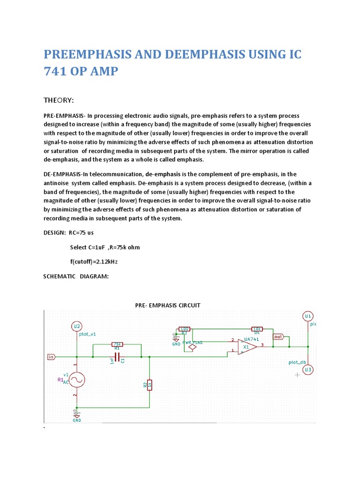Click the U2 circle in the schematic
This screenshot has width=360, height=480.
point(77,326)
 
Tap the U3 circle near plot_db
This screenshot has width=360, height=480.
point(308,370)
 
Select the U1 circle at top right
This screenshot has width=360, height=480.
point(308,316)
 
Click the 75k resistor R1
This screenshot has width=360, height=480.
point(117,344)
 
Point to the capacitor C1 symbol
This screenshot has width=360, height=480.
point(117,357)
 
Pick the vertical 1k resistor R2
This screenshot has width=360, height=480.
point(149,385)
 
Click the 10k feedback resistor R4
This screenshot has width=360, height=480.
point(256,329)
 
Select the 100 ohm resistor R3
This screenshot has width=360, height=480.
point(184,329)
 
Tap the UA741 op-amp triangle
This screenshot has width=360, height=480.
point(247,347)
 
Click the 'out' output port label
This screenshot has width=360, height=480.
point(278,337)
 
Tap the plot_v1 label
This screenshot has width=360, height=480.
point(88,334)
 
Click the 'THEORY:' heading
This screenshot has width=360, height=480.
point(60,101)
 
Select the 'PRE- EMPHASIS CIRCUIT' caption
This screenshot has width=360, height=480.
point(167,305)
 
